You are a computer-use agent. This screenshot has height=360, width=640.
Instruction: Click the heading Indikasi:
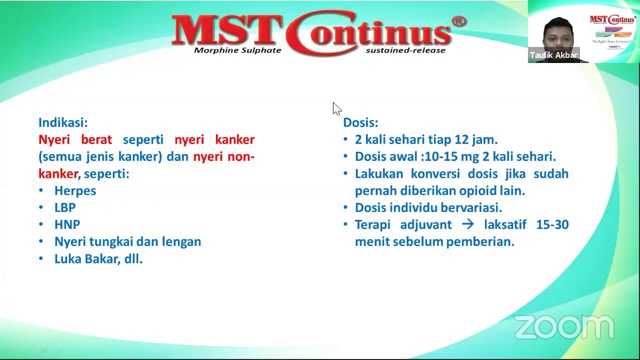click(63, 122)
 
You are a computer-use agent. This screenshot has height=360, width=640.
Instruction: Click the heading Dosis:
click(360, 122)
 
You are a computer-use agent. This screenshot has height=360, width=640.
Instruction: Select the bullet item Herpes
click(75, 190)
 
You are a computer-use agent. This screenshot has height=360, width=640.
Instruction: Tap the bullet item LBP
click(65, 207)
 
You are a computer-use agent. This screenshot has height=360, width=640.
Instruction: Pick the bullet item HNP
click(67, 224)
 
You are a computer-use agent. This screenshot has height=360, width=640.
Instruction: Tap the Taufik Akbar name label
click(553, 55)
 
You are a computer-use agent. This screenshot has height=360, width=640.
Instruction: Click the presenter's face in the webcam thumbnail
click(558, 35)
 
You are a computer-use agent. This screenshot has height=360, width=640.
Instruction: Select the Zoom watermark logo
click(563, 327)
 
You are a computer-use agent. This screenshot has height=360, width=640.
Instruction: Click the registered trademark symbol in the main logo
click(458, 21)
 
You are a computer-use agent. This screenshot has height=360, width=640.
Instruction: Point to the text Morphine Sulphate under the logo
click(237, 50)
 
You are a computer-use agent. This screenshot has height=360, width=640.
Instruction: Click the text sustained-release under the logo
click(405, 50)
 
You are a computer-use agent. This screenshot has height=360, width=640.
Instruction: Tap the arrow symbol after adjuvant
click(467, 224)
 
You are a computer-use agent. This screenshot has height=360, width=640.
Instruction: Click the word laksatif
click(505, 224)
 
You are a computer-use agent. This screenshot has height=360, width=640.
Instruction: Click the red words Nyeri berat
click(75, 139)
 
